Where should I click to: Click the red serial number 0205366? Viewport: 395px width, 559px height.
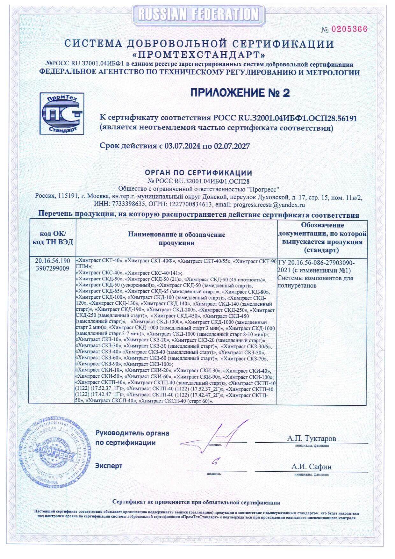(349, 29)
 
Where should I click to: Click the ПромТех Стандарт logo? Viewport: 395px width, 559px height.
(62, 113)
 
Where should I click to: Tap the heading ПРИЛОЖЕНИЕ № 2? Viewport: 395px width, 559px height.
(240, 93)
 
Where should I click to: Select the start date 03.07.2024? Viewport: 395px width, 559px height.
(183, 146)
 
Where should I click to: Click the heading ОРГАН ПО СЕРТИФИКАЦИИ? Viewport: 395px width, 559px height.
(198, 173)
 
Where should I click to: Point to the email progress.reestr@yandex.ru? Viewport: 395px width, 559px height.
(269, 205)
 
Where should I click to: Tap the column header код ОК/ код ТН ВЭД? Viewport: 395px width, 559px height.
(53, 238)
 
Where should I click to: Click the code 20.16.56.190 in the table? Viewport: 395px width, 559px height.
(53, 261)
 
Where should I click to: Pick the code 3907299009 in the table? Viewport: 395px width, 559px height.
(53, 268)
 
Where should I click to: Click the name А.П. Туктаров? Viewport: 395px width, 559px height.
(311, 439)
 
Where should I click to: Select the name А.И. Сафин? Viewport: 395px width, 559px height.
(311, 467)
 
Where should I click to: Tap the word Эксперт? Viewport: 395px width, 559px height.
(109, 466)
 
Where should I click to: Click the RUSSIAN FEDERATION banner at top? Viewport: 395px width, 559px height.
(198, 14)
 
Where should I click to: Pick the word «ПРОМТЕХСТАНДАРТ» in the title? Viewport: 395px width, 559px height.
(200, 53)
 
